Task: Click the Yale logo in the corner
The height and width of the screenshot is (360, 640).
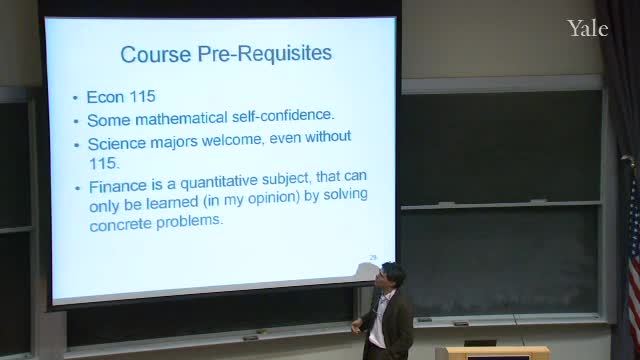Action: coord(588,28)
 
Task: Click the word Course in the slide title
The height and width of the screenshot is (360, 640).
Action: coord(156,54)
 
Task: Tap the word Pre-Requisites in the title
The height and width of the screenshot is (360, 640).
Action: coord(264,53)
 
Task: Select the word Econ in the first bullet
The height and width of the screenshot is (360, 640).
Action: coord(105,97)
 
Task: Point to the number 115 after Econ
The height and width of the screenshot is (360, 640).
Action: coord(142,97)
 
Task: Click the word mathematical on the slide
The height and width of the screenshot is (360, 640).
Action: coord(181,118)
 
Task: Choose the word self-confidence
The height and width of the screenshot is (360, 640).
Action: coord(283,115)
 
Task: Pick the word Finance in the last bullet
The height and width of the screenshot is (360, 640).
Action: coord(118,186)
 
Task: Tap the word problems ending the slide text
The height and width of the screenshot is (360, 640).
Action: coord(190,221)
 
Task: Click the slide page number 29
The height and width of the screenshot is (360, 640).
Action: coord(373,258)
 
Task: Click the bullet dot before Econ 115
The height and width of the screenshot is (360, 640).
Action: coord(75,98)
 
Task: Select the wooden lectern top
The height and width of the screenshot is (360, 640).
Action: coord(498,351)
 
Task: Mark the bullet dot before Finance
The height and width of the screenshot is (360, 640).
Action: coord(78,188)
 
